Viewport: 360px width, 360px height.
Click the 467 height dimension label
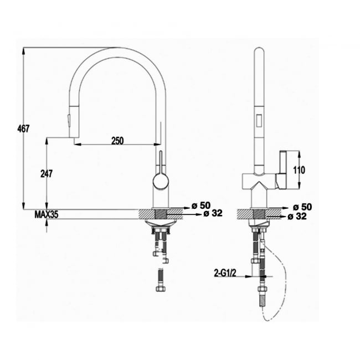[23, 128]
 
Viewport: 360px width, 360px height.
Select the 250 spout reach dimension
[117, 141]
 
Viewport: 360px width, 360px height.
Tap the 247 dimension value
[47, 173]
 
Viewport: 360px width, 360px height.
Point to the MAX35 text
[47, 214]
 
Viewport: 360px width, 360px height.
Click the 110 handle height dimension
[299, 170]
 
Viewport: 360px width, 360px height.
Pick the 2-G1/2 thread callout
[225, 273]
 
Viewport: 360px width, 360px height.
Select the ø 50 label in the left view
[201, 205]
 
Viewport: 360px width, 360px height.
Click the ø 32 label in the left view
[213, 213]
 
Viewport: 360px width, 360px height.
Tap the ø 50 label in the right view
[302, 207]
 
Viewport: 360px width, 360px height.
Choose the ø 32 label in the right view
[297, 216]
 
